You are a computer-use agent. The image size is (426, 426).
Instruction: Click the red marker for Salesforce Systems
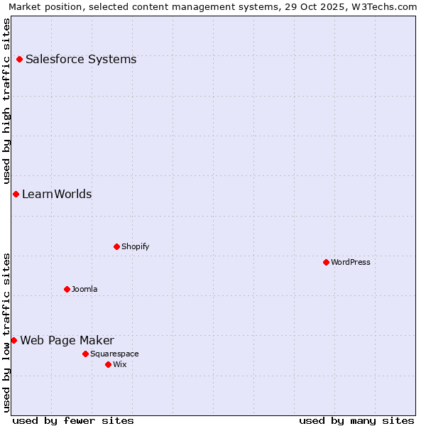point(19,59)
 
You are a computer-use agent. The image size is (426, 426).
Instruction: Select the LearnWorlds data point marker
point(16,194)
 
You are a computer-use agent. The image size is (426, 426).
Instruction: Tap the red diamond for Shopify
point(116,246)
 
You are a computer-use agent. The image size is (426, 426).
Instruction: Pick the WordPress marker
point(326,262)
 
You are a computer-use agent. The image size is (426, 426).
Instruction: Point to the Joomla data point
point(67,289)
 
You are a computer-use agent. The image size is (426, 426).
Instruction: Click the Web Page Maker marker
point(13,340)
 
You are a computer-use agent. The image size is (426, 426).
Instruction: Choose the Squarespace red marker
point(85,354)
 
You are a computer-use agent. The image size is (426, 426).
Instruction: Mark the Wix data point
point(108,364)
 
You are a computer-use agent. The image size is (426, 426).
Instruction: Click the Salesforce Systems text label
point(81,59)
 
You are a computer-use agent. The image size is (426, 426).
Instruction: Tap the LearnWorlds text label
point(57,194)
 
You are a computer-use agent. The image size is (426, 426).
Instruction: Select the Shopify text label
point(135,246)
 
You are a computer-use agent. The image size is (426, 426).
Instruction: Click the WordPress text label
point(350,262)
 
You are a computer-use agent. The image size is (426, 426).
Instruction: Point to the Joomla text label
point(84,289)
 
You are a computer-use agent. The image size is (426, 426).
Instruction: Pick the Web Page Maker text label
point(67,340)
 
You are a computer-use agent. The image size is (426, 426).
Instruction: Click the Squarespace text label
point(114,354)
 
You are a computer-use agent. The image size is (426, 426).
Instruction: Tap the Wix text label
point(119,364)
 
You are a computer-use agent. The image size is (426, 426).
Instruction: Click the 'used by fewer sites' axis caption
point(73,420)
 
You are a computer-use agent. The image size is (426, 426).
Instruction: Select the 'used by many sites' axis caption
point(356,420)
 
